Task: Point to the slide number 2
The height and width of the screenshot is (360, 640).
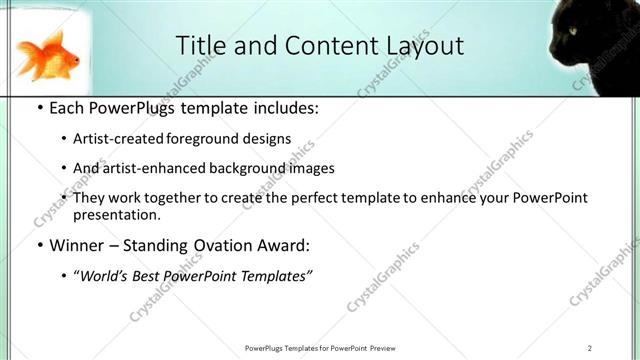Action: [590, 347]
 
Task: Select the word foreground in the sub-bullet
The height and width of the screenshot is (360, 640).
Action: [211, 139]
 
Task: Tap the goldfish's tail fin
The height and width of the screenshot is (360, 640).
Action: [29, 48]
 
